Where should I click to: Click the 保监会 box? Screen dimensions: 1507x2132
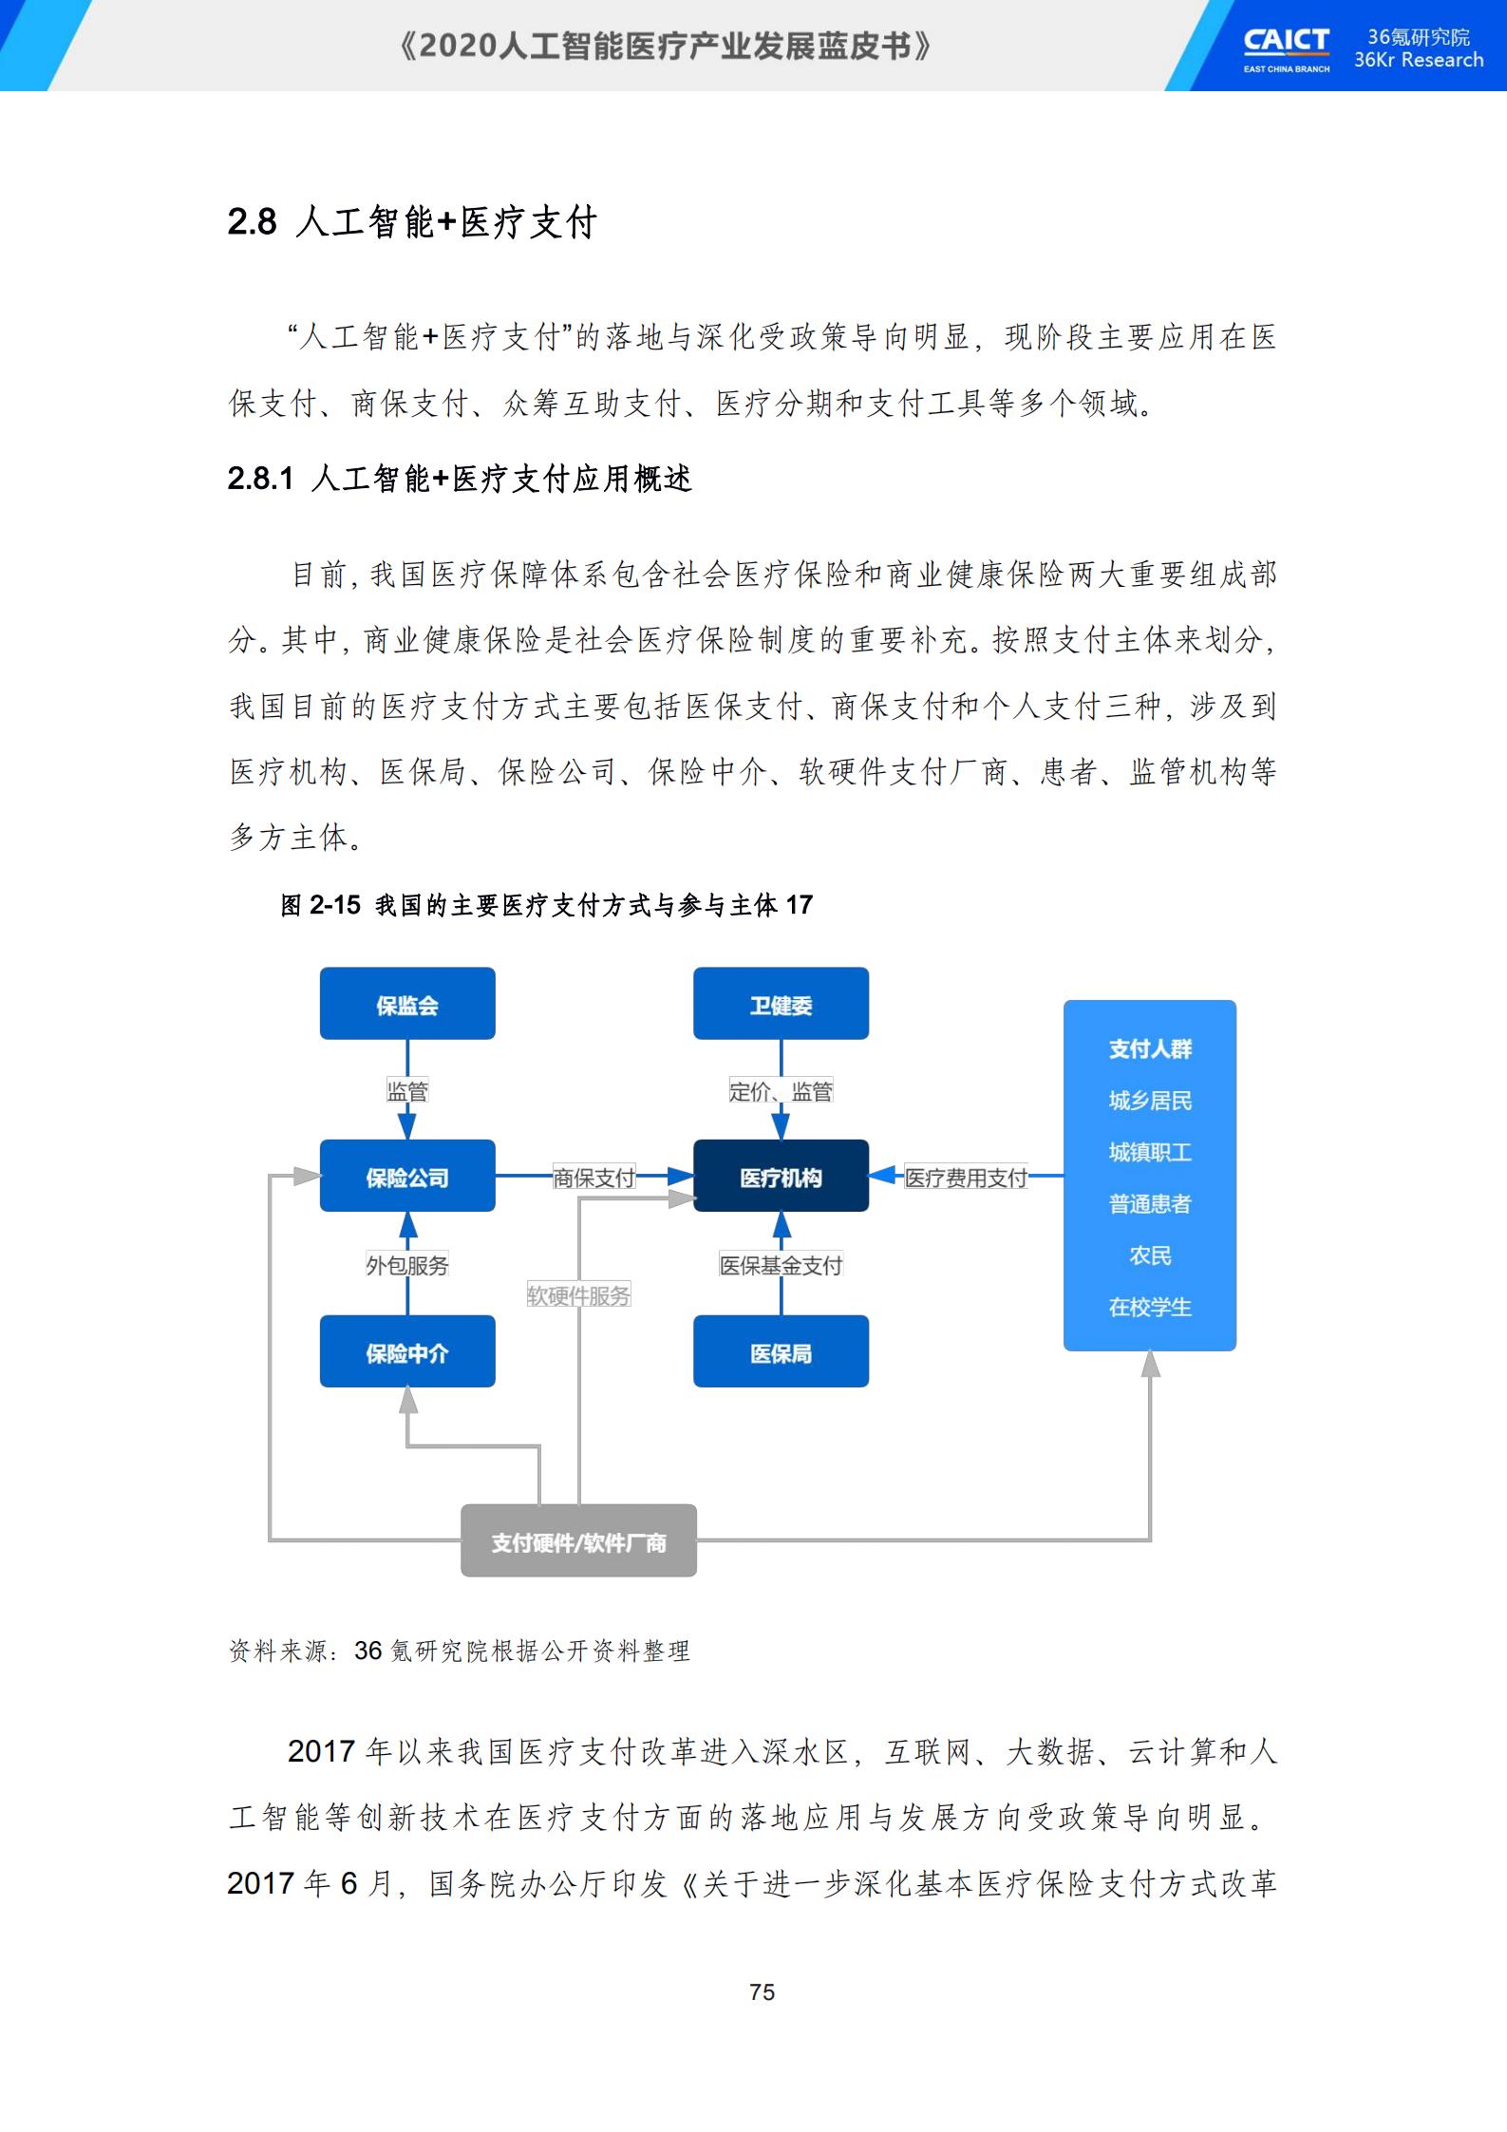[x=407, y=1003]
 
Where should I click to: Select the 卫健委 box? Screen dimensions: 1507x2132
[x=781, y=1003]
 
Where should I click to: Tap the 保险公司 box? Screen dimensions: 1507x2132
[x=407, y=1176]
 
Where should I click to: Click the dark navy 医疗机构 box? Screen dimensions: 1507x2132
[x=781, y=1176]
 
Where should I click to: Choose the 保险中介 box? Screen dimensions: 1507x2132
[x=407, y=1351]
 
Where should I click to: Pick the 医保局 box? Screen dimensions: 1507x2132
[x=781, y=1351]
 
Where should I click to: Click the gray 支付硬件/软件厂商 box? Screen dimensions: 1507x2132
[x=579, y=1540]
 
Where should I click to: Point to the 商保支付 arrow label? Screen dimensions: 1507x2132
[x=594, y=1178]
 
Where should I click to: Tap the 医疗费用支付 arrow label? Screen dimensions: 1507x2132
[x=966, y=1178]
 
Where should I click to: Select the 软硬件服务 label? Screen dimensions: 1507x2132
[x=579, y=1295]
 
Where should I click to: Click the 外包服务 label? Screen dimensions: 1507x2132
[x=407, y=1265]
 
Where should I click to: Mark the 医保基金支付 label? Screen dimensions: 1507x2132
[x=781, y=1265]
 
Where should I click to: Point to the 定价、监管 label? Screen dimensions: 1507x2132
[x=781, y=1091]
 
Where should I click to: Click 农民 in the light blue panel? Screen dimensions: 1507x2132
[x=1150, y=1255]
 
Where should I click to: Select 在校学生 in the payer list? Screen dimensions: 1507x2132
[x=1150, y=1307]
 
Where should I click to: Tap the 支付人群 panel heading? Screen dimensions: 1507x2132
[x=1150, y=1048]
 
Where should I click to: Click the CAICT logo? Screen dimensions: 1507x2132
[x=1287, y=47]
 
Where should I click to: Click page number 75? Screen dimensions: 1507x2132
[x=763, y=1992]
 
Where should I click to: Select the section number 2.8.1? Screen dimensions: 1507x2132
[x=261, y=479]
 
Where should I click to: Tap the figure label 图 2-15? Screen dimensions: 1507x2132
[x=320, y=905]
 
